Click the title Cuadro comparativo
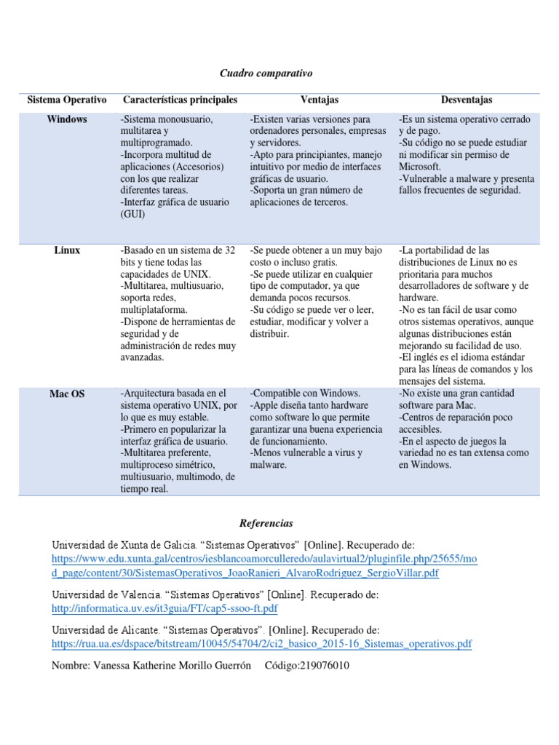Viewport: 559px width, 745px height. (x=266, y=73)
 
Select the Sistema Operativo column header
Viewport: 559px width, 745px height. (x=67, y=100)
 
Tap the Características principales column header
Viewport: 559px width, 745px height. (x=180, y=100)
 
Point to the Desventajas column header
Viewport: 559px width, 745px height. (x=467, y=100)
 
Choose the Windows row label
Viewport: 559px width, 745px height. (x=67, y=119)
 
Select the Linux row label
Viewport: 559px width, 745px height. (x=67, y=250)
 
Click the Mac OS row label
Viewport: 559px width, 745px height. (x=67, y=394)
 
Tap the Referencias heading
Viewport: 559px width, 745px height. (x=266, y=523)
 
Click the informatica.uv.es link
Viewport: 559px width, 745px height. (x=164, y=608)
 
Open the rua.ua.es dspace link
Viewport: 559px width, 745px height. (x=261, y=644)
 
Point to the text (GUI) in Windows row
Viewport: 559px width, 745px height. (x=133, y=214)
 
